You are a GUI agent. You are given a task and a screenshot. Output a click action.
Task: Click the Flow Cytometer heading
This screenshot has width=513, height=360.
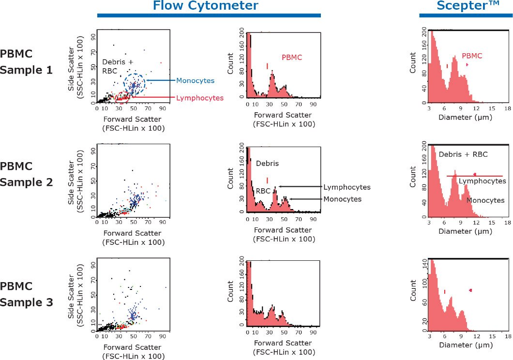205,6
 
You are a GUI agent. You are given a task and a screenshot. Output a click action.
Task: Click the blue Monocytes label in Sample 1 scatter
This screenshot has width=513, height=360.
195,80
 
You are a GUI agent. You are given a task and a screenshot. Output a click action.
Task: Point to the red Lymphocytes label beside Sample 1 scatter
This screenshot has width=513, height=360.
200,98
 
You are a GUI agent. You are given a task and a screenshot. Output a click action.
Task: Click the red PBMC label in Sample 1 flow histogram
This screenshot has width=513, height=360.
292,57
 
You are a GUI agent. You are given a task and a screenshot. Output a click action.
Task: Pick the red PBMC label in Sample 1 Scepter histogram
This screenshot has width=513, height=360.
472,56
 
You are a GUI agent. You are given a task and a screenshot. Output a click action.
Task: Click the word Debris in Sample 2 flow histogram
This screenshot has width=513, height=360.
268,164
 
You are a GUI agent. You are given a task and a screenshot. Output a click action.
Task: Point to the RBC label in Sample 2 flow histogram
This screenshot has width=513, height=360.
263,192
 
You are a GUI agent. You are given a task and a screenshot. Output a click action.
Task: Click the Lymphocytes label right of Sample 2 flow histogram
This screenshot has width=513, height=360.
347,187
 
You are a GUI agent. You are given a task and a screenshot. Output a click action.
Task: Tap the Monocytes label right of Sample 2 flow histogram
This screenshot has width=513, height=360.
342,199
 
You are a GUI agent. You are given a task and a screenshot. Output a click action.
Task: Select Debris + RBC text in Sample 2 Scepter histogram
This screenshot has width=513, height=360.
463,154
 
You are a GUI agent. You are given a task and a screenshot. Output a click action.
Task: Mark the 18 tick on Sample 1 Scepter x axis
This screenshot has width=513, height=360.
507,109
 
